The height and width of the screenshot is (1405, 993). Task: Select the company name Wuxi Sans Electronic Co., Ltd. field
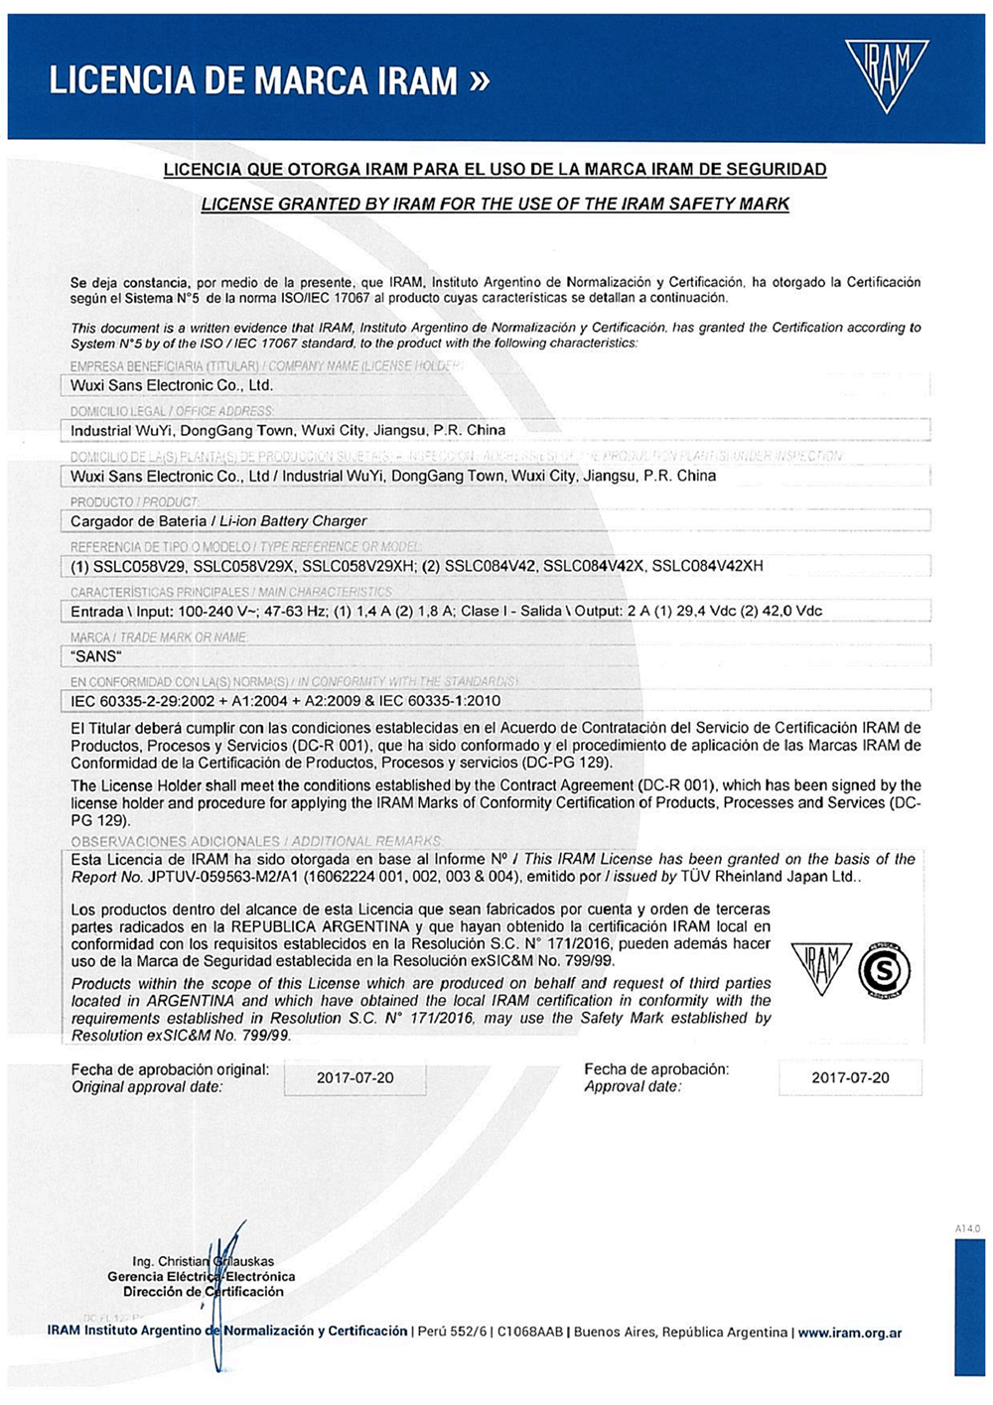coord(172,385)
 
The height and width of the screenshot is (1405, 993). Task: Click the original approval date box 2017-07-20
coord(355,1078)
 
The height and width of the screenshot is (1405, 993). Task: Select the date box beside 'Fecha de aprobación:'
coord(850,1078)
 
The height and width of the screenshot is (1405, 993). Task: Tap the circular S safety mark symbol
coord(884,969)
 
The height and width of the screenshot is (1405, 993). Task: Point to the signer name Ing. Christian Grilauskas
coord(203,1262)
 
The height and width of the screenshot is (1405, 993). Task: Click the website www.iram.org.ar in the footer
coord(850,1333)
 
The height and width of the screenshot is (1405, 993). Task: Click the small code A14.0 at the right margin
coord(967,1229)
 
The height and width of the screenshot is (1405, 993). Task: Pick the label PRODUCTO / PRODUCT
coord(134,502)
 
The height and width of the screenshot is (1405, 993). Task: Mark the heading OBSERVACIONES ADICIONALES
coord(176,841)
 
